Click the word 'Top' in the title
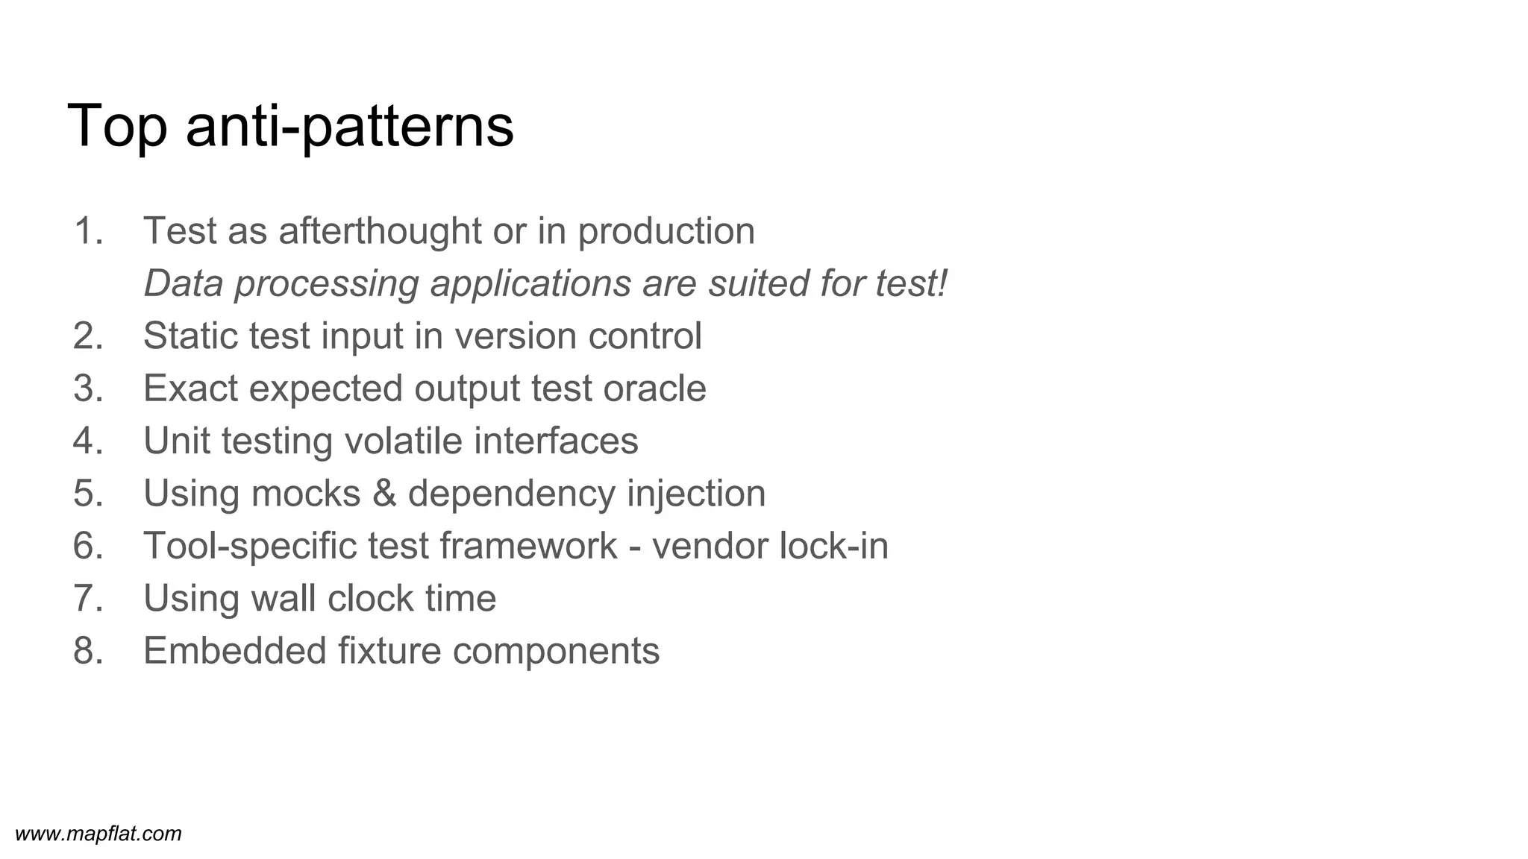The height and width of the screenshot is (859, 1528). (x=117, y=127)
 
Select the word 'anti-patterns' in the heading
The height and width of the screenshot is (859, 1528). (x=350, y=127)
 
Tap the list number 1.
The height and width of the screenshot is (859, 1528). (x=87, y=231)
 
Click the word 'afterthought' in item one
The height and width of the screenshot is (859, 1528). (x=381, y=231)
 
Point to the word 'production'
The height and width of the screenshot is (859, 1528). (x=666, y=231)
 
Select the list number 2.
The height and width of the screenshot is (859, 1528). (x=87, y=336)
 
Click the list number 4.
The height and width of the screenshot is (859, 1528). (x=87, y=441)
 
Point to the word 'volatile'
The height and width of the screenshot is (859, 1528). (x=403, y=441)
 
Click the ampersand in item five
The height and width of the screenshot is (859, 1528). (x=384, y=494)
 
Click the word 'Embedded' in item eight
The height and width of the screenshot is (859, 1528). (x=234, y=651)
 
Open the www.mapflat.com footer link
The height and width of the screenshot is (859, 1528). (x=98, y=834)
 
